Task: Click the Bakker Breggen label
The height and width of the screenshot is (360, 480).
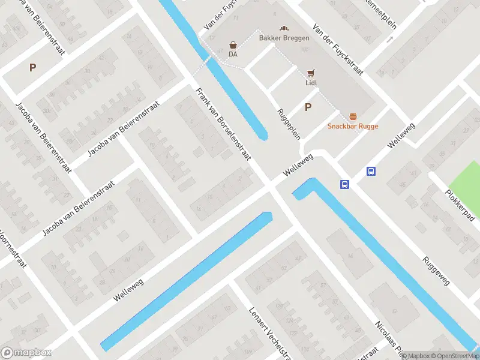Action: click(284, 38)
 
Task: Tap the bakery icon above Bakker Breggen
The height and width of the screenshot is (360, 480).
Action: click(284, 28)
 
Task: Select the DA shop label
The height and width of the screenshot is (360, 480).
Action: click(233, 55)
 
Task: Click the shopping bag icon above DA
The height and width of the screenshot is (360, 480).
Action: click(233, 44)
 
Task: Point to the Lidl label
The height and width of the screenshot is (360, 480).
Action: click(310, 83)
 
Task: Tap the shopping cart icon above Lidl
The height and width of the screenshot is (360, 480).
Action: click(310, 73)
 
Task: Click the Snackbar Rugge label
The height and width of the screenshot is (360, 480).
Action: click(352, 126)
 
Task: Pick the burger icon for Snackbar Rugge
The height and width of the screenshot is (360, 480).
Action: click(353, 116)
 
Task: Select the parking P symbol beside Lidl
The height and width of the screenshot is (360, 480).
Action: click(308, 107)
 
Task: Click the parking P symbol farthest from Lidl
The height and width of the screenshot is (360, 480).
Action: click(32, 68)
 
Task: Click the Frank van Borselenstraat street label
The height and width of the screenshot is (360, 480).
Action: click(222, 129)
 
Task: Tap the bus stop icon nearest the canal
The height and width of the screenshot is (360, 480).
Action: click(344, 184)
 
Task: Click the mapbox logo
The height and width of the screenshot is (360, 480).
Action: click(26, 352)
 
